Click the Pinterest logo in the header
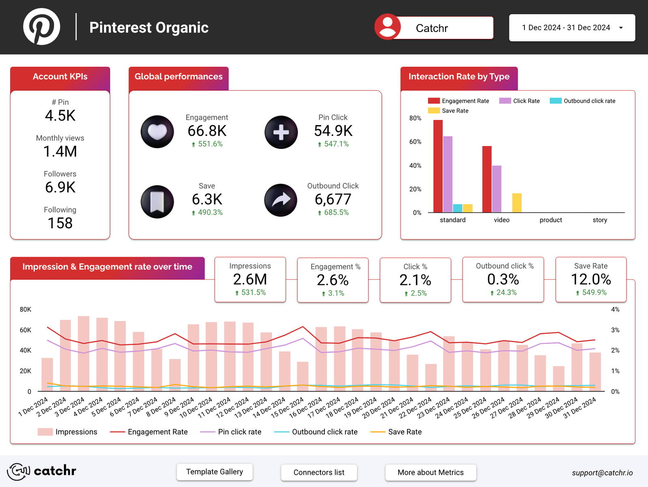tap(42, 27)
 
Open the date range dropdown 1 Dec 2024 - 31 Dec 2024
tap(571, 28)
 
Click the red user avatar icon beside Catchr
tap(388, 27)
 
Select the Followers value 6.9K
tap(60, 187)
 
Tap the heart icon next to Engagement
tap(157, 132)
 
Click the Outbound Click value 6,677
tap(333, 199)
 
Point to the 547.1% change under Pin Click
tap(336, 144)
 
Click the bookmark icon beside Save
tap(157, 201)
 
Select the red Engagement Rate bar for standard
tap(438, 166)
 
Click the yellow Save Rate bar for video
tap(517, 203)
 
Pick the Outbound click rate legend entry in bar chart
tap(583, 101)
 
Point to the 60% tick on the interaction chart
tap(415, 142)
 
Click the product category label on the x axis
tap(550, 220)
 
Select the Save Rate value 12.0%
tap(590, 279)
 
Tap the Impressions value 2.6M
tap(250, 279)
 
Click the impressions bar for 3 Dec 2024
tap(84, 353)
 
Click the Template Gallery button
tap(215, 472)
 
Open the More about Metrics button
tap(431, 472)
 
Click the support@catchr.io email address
tap(602, 473)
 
